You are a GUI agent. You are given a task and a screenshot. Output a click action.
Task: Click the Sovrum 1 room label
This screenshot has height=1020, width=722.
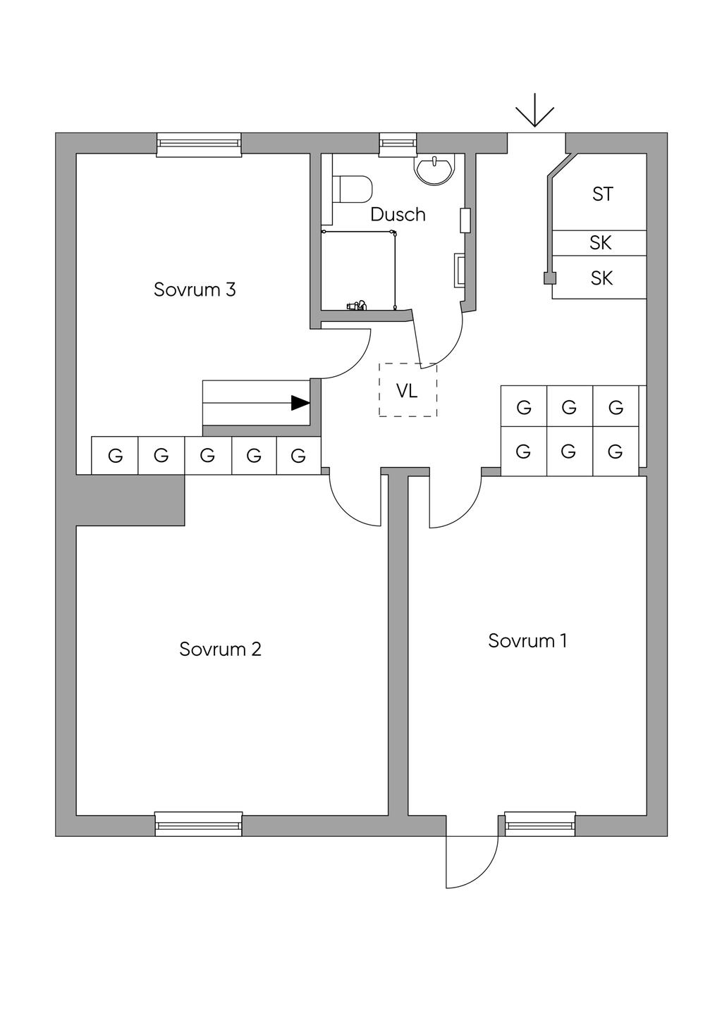(x=527, y=640)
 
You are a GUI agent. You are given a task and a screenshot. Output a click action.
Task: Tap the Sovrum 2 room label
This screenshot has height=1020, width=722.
(x=220, y=649)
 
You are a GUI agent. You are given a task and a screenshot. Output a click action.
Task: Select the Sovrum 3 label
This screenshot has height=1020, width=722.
(x=195, y=290)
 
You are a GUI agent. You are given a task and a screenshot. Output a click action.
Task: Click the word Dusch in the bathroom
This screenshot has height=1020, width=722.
(x=398, y=214)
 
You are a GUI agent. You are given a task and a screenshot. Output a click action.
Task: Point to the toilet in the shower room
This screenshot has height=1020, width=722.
(x=353, y=189)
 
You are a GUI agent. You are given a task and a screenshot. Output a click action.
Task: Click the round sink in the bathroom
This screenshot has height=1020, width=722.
(x=434, y=170)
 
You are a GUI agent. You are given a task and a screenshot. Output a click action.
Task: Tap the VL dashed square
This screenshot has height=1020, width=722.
(x=408, y=390)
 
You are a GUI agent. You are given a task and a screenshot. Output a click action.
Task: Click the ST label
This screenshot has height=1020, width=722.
(x=602, y=194)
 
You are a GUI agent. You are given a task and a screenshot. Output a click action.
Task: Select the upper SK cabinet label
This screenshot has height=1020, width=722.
(x=600, y=243)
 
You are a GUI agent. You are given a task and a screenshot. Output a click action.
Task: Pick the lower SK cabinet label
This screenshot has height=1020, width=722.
(x=601, y=278)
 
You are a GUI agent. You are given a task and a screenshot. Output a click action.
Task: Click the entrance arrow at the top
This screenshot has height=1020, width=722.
(x=534, y=111)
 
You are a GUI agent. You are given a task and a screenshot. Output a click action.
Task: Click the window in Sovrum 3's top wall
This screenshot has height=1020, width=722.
(x=199, y=144)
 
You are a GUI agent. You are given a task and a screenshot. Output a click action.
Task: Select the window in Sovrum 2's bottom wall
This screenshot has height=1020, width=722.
(x=198, y=823)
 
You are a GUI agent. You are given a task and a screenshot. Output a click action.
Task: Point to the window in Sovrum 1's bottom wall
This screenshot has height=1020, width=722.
(x=540, y=823)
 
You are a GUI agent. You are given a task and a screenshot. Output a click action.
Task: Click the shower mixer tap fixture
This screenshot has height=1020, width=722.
(x=356, y=306)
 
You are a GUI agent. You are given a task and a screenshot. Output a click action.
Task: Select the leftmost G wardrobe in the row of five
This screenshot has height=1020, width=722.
(x=115, y=456)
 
